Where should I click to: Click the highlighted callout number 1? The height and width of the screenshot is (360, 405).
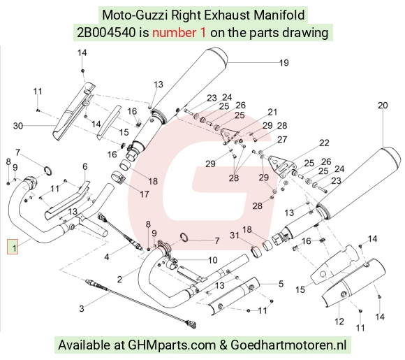coord(13,247)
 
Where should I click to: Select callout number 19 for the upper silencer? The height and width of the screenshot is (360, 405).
coord(284,63)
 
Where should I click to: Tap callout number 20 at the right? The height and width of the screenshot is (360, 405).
coord(383,106)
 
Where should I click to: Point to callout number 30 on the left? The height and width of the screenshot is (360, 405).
coord(18,126)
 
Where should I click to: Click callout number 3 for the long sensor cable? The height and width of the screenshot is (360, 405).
coord(82,308)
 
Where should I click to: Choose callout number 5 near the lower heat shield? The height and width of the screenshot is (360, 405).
coord(281,284)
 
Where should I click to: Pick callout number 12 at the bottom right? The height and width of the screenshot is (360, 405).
coord(339,322)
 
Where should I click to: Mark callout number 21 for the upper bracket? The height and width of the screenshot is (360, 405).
coord(272,113)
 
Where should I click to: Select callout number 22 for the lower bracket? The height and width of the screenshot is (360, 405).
coord(324,143)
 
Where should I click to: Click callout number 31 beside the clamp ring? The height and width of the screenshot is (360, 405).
coord(234,236)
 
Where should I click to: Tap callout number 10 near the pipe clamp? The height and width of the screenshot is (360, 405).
coord(213,260)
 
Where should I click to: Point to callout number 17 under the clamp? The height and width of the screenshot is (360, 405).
coord(145,194)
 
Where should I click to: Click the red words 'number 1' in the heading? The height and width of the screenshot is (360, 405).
coord(179,33)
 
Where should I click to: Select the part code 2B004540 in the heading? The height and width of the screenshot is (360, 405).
coord(106,33)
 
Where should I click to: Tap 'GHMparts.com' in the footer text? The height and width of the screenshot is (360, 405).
coord(172,345)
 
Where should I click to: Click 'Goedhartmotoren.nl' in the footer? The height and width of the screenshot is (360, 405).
coord(288,345)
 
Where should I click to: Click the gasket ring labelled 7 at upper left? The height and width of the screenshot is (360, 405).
coord(48,171)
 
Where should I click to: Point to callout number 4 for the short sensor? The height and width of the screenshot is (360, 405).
coord(107,257)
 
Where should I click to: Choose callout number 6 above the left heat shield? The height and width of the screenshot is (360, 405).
coord(85,166)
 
